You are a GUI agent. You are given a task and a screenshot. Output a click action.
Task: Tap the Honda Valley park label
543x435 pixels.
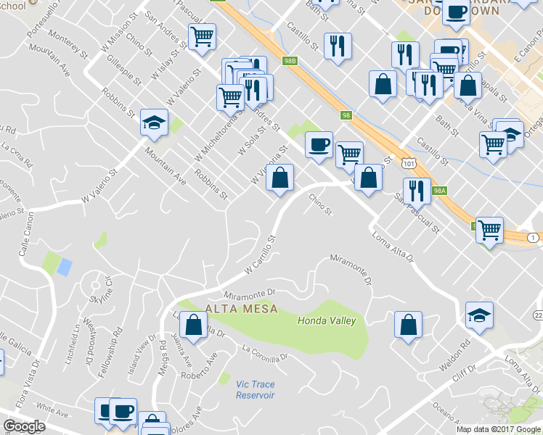pyautogui.click(x=327, y=320)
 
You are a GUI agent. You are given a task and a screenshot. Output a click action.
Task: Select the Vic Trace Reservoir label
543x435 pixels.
pyautogui.click(x=256, y=390)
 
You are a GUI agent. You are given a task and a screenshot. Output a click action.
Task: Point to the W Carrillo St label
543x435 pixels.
pyautogui.click(x=261, y=254)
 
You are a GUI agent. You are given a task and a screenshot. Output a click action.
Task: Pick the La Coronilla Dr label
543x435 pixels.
pyautogui.click(x=266, y=353)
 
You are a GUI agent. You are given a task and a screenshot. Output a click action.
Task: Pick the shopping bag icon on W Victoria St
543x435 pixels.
pyautogui.click(x=279, y=177)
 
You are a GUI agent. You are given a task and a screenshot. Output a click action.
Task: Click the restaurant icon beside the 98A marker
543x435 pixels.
pyautogui.click(x=416, y=190)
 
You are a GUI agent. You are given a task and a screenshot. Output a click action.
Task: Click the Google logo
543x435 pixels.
pyautogui.click(x=24, y=427)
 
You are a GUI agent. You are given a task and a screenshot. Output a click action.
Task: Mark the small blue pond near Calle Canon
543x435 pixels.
pyautogui.click(x=64, y=267)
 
